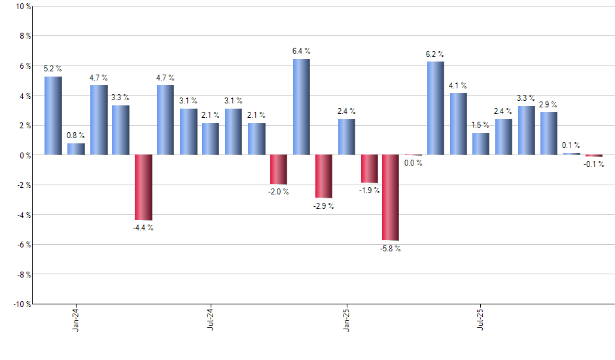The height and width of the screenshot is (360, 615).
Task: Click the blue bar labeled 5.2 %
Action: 53,116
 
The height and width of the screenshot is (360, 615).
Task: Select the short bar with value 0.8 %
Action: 76,149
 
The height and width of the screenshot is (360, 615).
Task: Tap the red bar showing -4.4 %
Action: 143,187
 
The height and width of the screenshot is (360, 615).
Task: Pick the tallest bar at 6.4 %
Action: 301,107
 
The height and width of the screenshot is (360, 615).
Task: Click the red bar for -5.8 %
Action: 391,198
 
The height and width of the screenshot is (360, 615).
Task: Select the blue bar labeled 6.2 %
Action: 436,108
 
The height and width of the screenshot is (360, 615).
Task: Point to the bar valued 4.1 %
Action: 458,124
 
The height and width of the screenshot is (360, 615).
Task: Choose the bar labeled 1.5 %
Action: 481,143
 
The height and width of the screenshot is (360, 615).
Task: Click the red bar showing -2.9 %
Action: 323,176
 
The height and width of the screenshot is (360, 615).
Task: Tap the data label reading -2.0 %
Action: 278,192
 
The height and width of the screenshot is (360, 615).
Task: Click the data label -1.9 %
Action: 368,190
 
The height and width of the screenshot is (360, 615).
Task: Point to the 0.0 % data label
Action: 413,163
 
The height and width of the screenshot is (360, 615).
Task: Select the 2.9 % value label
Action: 548,105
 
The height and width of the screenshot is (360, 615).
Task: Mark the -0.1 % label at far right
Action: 593,164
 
